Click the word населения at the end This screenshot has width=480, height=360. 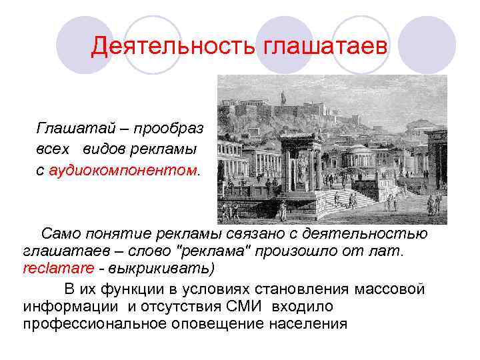(x=307, y=324)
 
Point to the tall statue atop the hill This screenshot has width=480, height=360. (x=283, y=97)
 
